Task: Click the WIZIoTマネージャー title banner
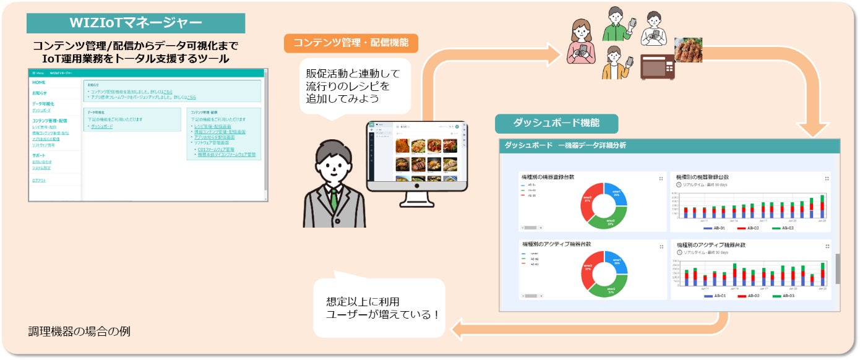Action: pos(135,24)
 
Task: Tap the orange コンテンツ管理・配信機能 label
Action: pos(351,43)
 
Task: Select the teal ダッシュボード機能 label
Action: pos(556,122)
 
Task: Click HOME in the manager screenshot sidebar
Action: pos(39,82)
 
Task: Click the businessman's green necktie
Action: pos(334,199)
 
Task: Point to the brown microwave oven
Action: pos(657,66)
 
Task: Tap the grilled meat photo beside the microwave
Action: pos(688,50)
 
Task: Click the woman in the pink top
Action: pos(582,43)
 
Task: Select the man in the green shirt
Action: pos(614,25)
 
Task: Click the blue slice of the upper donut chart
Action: pos(615,194)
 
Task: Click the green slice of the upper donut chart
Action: pos(609,218)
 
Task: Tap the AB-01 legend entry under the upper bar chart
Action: pos(716,228)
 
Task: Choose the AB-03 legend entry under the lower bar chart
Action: pos(785,296)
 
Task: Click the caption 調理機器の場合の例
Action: pos(79,331)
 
